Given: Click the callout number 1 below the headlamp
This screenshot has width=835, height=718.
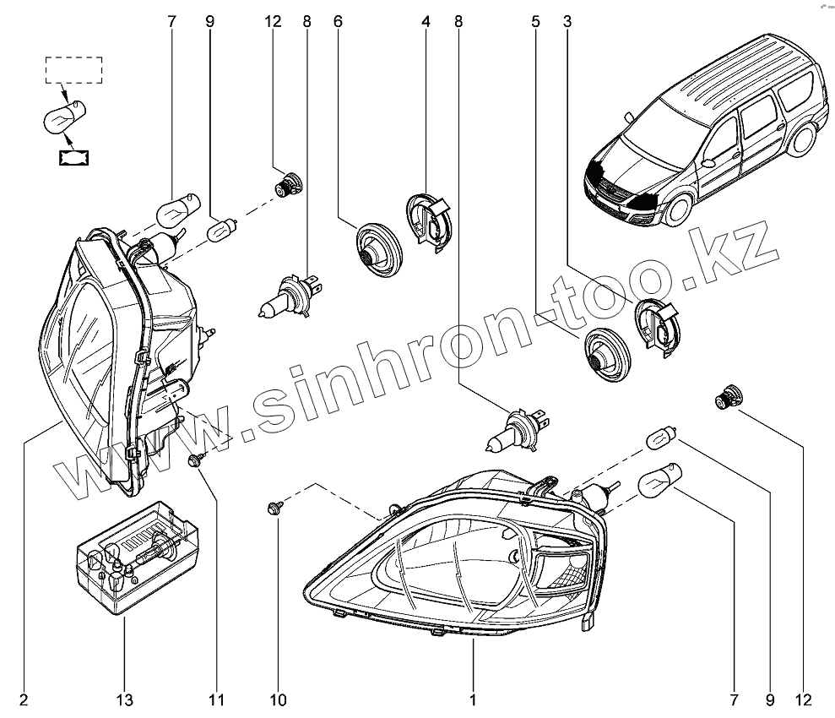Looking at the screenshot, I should [473, 699].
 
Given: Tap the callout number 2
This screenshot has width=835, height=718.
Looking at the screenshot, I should [24, 699].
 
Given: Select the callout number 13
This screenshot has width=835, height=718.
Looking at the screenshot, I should [124, 699].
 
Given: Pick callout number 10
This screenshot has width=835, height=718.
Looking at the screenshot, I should [279, 699].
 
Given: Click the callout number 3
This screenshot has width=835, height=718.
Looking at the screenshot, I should [567, 23].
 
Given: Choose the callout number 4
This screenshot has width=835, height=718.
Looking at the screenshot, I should [426, 23].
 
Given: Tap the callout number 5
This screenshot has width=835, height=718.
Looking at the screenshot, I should [535, 23].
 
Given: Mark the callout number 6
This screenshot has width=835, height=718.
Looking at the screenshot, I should [338, 23].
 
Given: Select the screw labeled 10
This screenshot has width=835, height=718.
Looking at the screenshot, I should [274, 508].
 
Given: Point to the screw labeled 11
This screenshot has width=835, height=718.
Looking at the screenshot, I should [195, 460].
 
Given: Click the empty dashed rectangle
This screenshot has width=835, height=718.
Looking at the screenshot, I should [73, 70].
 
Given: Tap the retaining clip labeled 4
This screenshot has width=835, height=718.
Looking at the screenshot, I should [431, 220].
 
